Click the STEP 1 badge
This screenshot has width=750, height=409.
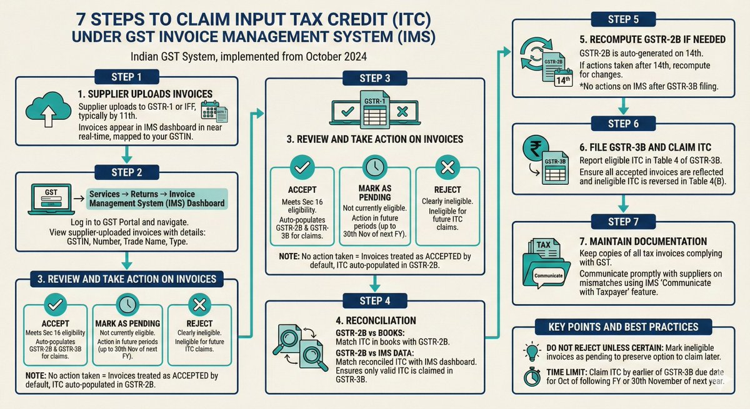point(126,77)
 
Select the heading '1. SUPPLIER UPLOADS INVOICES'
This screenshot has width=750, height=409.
point(146,94)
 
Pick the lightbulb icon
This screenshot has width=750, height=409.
point(531,352)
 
